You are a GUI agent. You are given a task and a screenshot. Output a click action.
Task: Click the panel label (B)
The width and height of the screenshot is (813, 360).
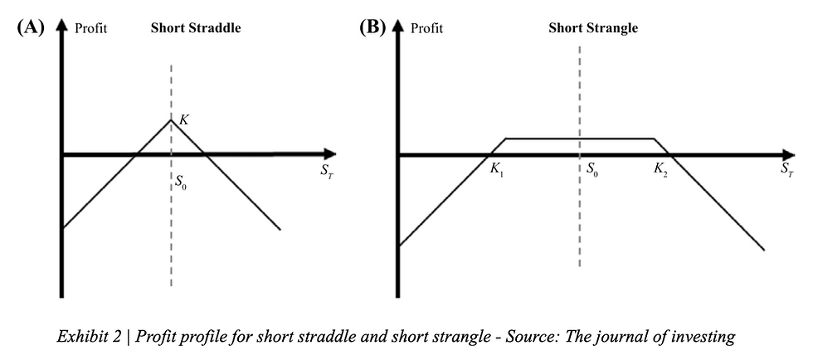point(371,27)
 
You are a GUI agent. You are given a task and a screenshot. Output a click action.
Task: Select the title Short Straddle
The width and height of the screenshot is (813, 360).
point(195,27)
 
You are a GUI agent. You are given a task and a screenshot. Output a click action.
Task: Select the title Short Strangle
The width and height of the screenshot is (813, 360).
point(593,27)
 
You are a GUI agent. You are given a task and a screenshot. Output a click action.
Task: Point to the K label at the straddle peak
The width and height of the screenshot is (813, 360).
point(184,120)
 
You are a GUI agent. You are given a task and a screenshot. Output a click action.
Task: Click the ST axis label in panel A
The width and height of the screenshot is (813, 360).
point(324,170)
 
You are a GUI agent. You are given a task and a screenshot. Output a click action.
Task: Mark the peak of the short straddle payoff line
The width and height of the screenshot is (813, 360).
point(171,120)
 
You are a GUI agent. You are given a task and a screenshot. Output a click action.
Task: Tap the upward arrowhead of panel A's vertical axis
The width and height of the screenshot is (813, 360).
point(61,23)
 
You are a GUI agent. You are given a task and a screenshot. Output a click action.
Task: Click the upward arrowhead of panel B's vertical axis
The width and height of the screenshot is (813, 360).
point(398,23)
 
